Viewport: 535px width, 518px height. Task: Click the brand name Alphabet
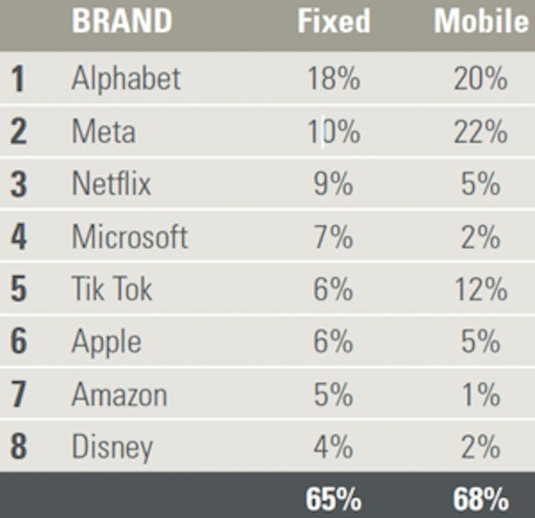126,79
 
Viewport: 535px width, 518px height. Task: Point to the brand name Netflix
111,183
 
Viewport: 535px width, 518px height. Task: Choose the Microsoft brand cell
130,237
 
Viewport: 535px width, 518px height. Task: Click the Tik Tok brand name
112,290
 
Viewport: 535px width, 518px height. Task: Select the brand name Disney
112,447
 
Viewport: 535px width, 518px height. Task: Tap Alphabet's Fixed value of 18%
334,79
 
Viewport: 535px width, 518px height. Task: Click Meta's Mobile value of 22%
481,131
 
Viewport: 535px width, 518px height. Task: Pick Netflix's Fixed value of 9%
334,183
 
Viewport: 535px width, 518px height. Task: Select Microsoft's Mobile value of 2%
481,237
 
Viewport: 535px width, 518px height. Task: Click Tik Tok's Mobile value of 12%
481,290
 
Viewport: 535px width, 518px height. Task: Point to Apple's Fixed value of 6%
334,341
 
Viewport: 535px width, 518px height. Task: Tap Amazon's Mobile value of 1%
481,394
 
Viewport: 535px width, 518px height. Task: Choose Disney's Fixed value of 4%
334,447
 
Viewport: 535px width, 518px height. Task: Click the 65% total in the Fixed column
334,500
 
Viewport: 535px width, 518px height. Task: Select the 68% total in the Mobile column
481,500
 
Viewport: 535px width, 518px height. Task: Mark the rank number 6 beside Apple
18,341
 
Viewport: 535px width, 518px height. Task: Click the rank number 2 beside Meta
18,131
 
